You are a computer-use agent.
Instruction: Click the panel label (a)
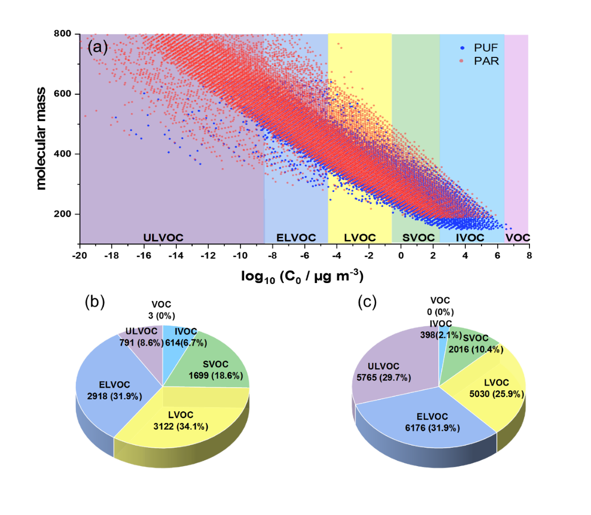coord(97,47)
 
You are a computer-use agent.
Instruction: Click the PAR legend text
coord(486,61)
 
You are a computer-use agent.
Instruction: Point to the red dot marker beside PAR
coord(462,62)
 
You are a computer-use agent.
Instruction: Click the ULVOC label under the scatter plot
coord(163,238)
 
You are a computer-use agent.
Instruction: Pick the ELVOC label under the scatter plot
coord(296,238)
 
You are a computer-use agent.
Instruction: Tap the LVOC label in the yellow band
coord(360,238)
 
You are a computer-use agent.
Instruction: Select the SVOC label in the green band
coord(418,238)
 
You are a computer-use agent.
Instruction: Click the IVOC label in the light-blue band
coord(470,238)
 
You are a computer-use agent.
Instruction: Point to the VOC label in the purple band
coord(517,238)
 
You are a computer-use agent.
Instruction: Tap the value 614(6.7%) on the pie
coord(181,341)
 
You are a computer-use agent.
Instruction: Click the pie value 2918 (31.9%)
coord(114,396)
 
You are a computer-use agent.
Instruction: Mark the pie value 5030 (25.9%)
coord(496,394)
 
